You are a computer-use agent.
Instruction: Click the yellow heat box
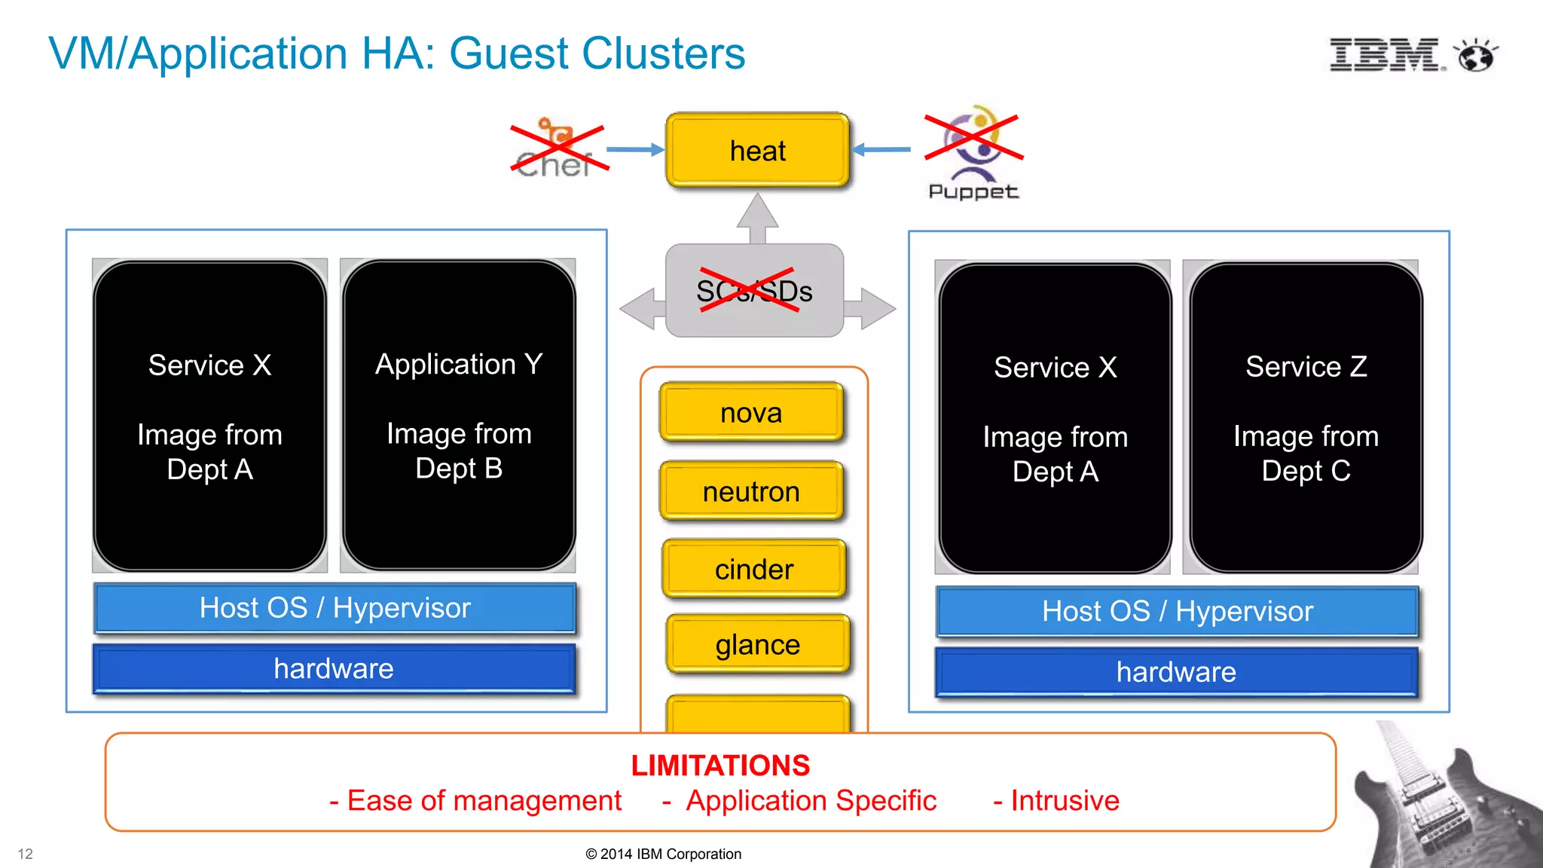pos(757,151)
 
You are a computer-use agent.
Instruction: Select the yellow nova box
pos(751,413)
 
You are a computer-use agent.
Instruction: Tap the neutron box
pos(751,492)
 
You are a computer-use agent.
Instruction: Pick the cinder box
pos(754,570)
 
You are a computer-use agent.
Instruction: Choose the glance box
pos(758,645)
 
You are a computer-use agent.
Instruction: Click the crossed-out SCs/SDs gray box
pos(754,291)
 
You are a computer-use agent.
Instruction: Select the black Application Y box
pos(459,415)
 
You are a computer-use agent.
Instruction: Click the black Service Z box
pos(1306,418)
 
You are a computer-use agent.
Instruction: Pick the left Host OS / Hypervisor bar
pos(335,608)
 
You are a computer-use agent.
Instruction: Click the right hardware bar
pos(1176,672)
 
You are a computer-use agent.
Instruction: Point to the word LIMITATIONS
pos(720,766)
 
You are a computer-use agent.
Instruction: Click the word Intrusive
pos(1065,800)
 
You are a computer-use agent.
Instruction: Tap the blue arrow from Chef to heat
pos(634,149)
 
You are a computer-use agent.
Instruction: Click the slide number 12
pos(26,854)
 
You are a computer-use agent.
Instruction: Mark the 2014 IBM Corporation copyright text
pos(663,854)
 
